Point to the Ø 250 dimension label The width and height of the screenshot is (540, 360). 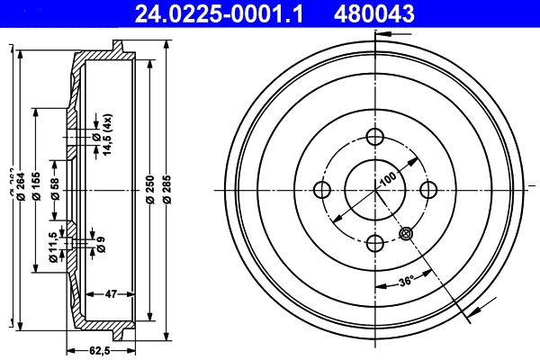point(149,189)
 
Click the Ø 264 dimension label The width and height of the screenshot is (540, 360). point(20,189)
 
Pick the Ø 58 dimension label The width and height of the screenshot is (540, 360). point(55,189)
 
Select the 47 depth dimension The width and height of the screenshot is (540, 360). point(112,293)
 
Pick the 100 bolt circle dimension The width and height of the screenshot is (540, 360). point(388,177)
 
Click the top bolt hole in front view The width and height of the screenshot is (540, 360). point(375,137)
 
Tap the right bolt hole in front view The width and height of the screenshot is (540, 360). point(428,189)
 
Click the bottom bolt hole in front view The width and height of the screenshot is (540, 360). point(375,241)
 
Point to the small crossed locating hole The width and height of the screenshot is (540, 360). point(406,232)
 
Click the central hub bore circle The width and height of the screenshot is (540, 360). point(375,189)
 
